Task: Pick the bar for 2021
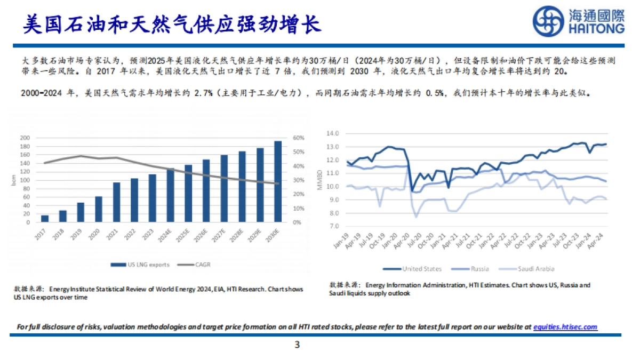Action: coord(116,202)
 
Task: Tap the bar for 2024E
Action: coord(170,195)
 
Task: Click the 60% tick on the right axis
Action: coord(298,138)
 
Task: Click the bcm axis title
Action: coord(13,180)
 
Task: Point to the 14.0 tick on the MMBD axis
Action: coord(333,133)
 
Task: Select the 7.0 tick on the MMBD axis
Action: coord(334,226)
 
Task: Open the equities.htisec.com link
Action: coord(565,327)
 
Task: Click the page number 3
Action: coord(297,345)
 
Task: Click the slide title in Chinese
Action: coord(171,24)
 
